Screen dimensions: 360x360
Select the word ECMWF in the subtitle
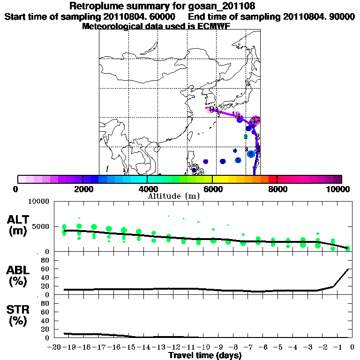[x=214, y=26]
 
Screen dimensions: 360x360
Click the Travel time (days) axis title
[x=205, y=356]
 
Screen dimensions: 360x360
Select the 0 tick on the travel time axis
[x=351, y=348]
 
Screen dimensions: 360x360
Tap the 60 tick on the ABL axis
[x=45, y=269]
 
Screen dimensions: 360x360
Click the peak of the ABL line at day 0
[x=348, y=269]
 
